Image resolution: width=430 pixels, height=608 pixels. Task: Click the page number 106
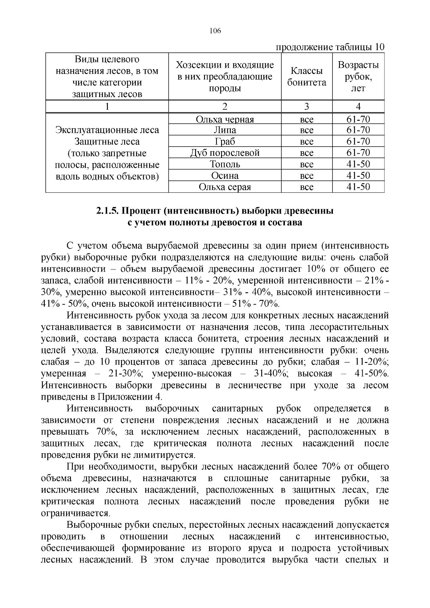point(215,31)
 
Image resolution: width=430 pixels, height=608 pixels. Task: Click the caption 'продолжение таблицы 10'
point(330,47)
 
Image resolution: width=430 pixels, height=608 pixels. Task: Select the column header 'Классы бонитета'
point(307,77)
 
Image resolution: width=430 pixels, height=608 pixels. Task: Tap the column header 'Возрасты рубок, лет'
point(358,76)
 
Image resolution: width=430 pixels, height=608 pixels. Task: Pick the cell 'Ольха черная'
point(225,120)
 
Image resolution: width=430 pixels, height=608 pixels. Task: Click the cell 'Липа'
point(225,130)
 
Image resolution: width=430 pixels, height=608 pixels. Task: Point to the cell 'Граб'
point(225,142)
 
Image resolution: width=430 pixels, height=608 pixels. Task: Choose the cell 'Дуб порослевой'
point(225,153)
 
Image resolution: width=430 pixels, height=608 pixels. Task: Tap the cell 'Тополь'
point(225,164)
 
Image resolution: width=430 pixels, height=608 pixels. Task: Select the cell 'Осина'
point(225,176)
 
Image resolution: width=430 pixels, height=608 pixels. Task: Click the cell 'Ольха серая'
point(225,187)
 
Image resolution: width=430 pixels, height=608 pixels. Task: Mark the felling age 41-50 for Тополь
point(358,164)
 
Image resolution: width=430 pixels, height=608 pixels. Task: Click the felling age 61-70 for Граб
point(358,142)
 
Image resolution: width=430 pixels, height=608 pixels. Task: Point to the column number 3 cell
point(307,106)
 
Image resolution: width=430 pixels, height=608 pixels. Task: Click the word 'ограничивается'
point(76,513)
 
